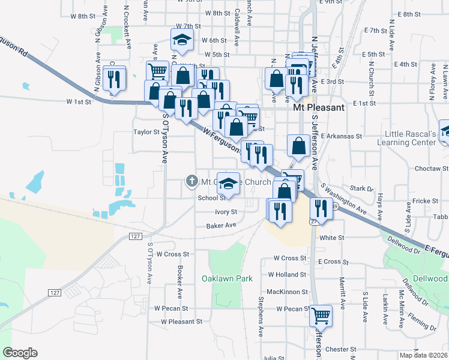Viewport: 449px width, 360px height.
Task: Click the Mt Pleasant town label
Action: point(319,108)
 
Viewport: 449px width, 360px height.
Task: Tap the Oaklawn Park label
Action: point(227,278)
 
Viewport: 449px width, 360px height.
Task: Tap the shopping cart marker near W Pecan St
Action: point(321,314)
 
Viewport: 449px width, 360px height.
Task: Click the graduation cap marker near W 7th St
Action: point(182,40)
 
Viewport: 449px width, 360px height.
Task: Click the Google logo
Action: point(20,353)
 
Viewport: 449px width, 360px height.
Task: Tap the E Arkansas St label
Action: point(342,136)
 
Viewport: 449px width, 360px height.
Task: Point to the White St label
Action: point(332,238)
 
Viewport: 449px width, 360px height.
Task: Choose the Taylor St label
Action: point(146,132)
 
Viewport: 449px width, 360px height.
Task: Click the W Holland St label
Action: point(288,274)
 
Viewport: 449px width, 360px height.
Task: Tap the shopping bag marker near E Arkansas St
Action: point(299,145)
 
